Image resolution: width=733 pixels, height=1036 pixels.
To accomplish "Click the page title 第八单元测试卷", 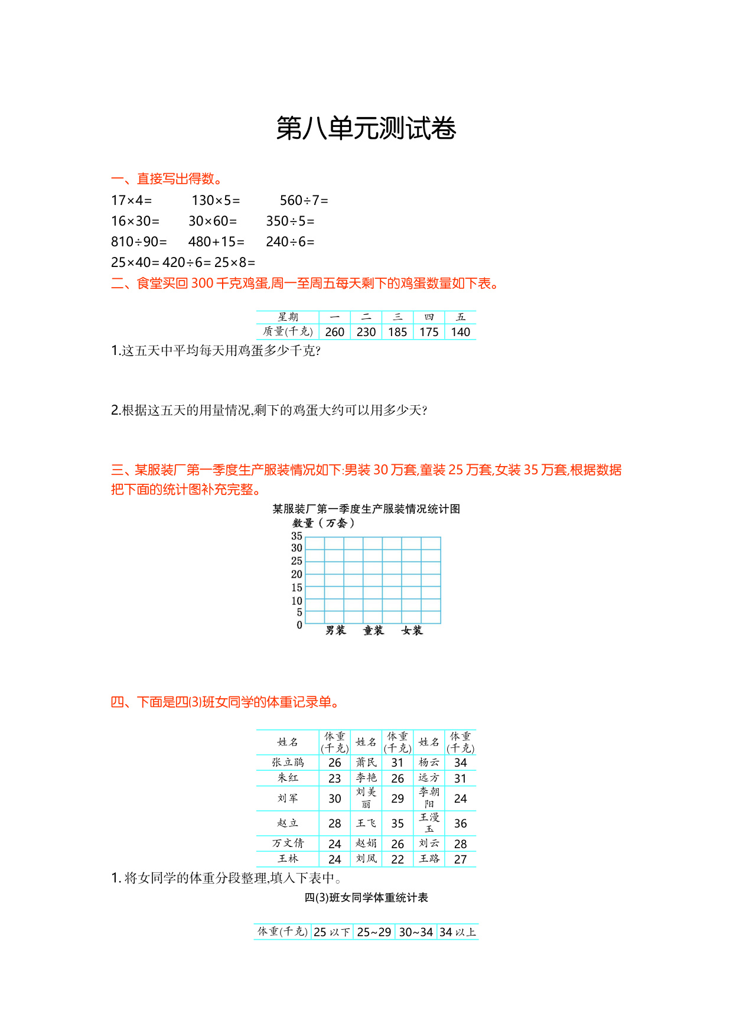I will click(366, 129).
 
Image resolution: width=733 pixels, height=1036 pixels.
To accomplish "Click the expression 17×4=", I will click(131, 201).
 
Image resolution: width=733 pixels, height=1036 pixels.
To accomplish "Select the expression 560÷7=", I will click(304, 201).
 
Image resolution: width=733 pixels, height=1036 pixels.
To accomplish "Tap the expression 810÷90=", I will click(139, 242).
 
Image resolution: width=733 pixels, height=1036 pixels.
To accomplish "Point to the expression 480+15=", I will click(216, 242).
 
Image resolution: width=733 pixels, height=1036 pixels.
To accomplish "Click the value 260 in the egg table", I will click(334, 332).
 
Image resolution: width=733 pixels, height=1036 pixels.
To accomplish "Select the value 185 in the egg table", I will click(398, 332).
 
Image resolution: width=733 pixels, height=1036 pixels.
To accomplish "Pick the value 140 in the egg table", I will click(460, 332).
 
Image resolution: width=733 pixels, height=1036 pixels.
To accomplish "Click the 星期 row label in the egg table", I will click(288, 317).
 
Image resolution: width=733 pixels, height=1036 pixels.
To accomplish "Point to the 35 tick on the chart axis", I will click(297, 536).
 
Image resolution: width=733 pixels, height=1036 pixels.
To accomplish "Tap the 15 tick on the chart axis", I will click(297, 588).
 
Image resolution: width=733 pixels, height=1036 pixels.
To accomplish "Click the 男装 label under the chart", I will click(335, 631).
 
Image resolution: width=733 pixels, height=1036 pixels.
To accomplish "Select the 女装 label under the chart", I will click(412, 631).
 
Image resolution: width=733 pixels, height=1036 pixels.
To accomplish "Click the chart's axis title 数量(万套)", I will click(324, 523).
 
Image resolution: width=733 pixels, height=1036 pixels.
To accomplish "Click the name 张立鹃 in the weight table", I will click(288, 763).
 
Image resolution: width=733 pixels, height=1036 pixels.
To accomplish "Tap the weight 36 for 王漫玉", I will click(460, 823).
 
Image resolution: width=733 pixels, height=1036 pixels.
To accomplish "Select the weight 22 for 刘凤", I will click(398, 859).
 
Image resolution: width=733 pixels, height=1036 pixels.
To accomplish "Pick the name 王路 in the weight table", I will click(429, 859).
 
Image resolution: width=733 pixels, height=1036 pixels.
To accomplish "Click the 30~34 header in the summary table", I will click(416, 932).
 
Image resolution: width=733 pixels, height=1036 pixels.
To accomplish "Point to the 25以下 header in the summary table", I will click(332, 932).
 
